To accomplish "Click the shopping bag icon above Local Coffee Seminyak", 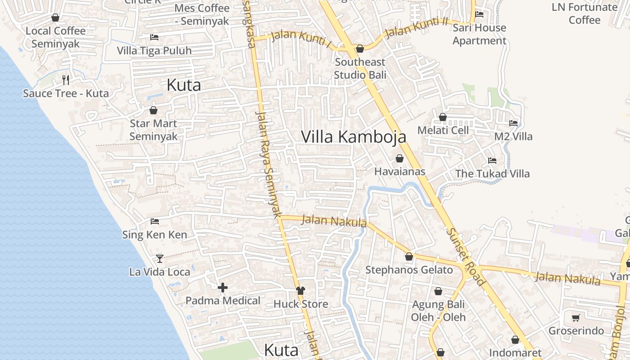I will pyautogui.click(x=55, y=18).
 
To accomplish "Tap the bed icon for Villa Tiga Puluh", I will pyautogui.click(x=154, y=37).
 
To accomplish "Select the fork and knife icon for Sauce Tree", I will pyautogui.click(x=66, y=80).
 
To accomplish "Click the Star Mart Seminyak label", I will pyautogui.click(x=153, y=130).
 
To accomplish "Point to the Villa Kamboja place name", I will pyautogui.click(x=353, y=137).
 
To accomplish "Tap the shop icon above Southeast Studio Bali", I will pyautogui.click(x=360, y=49).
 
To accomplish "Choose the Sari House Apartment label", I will pyautogui.click(x=479, y=34).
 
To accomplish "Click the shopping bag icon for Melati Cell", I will pyautogui.click(x=443, y=117).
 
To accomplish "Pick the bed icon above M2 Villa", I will pyautogui.click(x=513, y=123).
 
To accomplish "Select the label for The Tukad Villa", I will pyautogui.click(x=492, y=174).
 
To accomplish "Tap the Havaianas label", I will pyautogui.click(x=400, y=171).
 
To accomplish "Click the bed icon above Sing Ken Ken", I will pyautogui.click(x=155, y=221).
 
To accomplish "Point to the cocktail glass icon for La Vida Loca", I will pyautogui.click(x=159, y=258).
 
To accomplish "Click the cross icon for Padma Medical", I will pyautogui.click(x=223, y=287).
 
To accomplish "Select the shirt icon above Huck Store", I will pyautogui.click(x=300, y=291).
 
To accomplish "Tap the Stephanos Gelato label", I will pyautogui.click(x=409, y=270).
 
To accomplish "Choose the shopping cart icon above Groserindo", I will pyautogui.click(x=576, y=318).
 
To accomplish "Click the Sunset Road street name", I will pyautogui.click(x=466, y=256).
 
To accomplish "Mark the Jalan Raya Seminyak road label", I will pyautogui.click(x=268, y=164).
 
